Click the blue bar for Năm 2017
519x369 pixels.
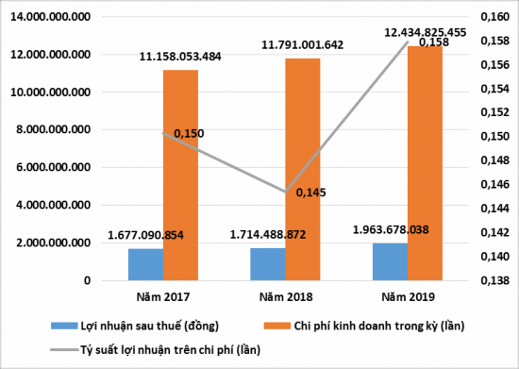[145, 264]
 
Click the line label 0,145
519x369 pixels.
[311, 193]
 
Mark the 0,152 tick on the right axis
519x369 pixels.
[494, 113]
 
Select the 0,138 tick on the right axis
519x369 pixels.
[494, 280]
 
